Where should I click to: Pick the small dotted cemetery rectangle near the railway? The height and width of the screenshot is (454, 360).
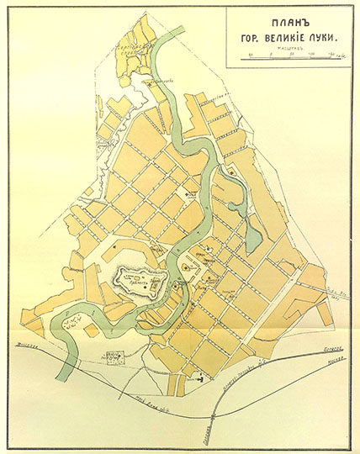pyautogui.click(x=112, y=356)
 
